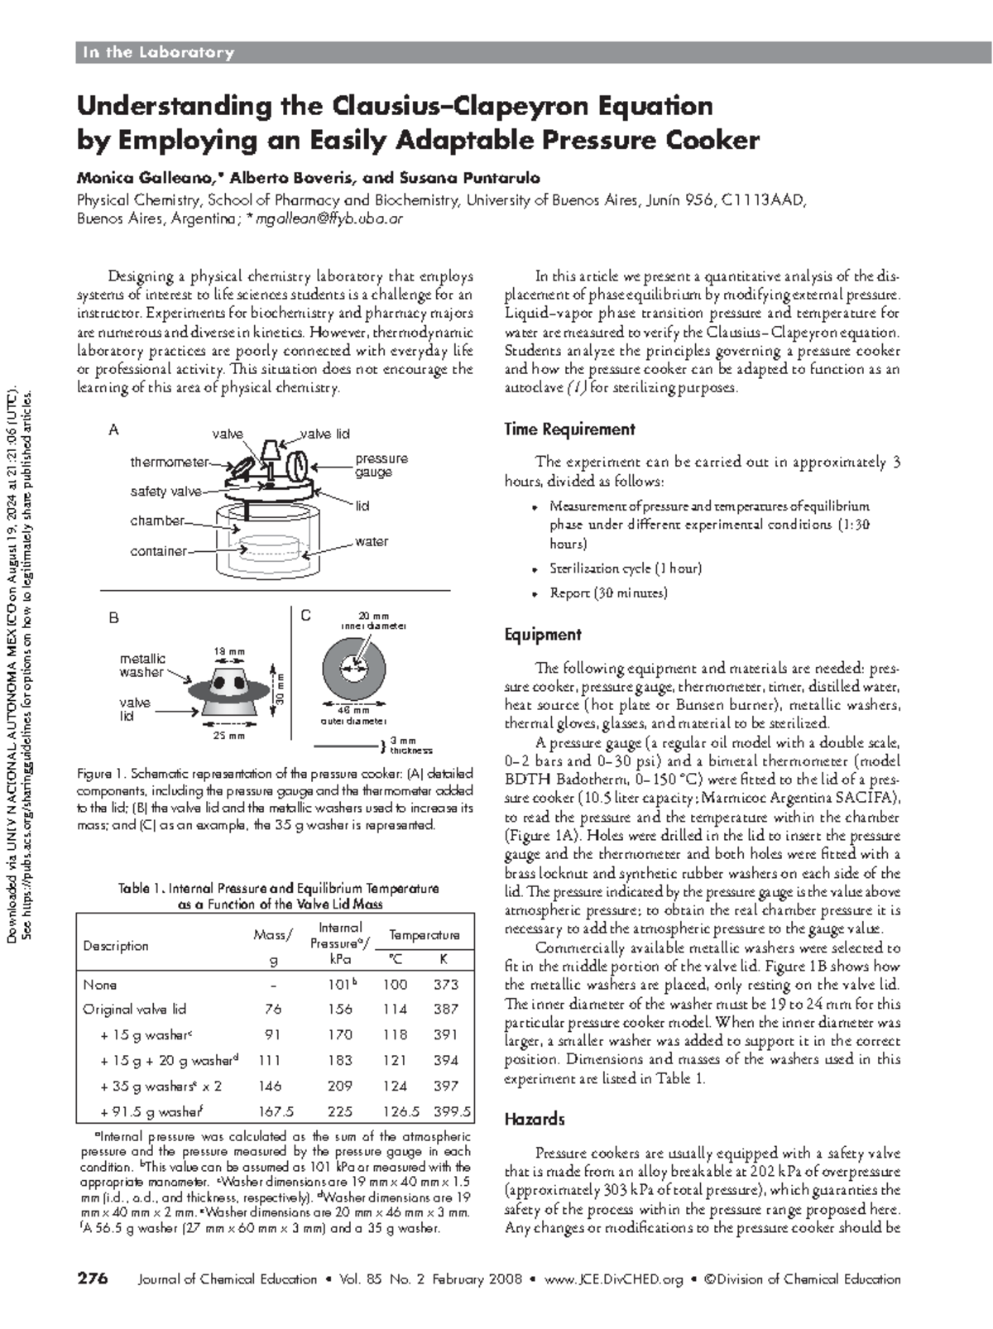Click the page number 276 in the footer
pos(93,1279)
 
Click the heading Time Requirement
pos(569,429)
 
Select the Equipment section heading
pos(543,635)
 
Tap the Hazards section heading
pos(535,1119)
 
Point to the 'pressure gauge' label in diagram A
pos(381,465)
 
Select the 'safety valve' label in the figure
pos(165,492)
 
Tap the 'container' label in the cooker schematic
pos(158,551)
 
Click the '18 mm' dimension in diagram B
pos(229,652)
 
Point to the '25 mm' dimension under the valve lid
pos(229,736)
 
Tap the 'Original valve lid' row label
pos(134,1009)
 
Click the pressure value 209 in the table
pos(340,1086)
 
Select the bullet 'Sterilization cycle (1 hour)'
pos(625,569)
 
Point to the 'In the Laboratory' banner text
pos(157,53)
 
